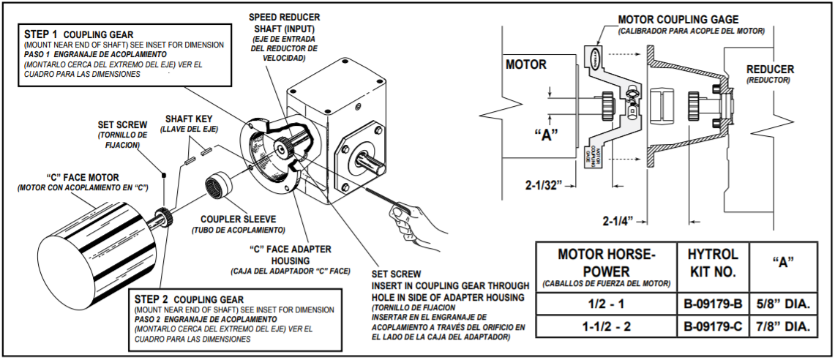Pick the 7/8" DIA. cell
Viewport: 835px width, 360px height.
[x=785, y=326]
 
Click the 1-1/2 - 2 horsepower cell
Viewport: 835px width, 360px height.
[x=606, y=326]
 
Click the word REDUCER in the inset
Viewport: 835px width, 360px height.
[x=770, y=70]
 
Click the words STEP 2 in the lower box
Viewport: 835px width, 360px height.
[x=154, y=299]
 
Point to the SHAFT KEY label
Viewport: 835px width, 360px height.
[x=190, y=119]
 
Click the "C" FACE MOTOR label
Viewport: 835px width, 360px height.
[x=83, y=177]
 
